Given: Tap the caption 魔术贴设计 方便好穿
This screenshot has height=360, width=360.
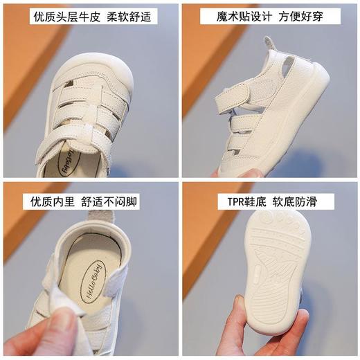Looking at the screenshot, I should click(x=271, y=16).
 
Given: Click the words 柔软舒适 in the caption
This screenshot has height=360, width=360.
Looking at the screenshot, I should click(x=129, y=16).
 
